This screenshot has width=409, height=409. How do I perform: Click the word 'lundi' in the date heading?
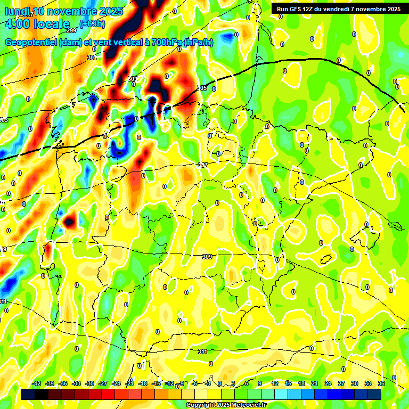tap(18, 11)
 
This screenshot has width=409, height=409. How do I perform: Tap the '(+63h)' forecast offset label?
tap(92, 23)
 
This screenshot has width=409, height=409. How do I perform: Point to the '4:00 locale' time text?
tap(37, 24)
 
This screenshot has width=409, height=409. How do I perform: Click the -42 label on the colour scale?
tap(36, 383)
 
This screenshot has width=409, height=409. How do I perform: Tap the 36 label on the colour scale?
tap(381, 383)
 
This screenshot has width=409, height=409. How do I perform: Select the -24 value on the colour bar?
tap(116, 383)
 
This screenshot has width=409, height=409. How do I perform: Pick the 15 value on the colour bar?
tap(288, 383)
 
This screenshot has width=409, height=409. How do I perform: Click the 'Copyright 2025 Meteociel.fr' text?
tap(225, 405)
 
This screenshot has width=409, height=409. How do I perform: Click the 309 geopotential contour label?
tap(207, 257)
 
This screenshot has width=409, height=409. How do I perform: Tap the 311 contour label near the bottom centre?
tap(203, 351)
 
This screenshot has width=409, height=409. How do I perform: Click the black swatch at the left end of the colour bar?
tap(28, 394)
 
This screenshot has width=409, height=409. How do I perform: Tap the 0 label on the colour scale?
tap(220, 383)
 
